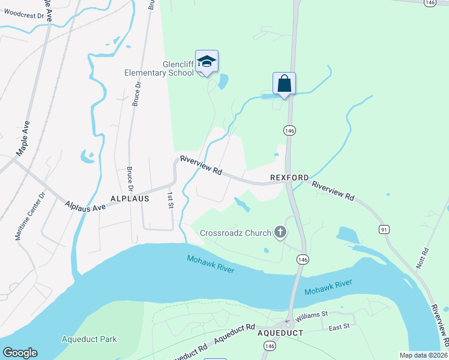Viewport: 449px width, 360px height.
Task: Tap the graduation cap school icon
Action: (x=206, y=61)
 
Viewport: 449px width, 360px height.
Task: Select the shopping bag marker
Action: (x=285, y=83)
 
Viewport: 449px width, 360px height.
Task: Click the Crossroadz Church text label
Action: (x=236, y=232)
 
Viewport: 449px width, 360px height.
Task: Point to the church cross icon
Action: (x=280, y=232)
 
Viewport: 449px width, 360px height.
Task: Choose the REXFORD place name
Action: (x=289, y=178)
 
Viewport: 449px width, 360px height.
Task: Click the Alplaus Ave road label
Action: (x=85, y=206)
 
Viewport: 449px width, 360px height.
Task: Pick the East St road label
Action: (x=339, y=328)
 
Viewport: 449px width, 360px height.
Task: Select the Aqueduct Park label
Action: (x=89, y=339)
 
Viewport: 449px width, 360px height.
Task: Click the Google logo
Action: (x=20, y=353)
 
